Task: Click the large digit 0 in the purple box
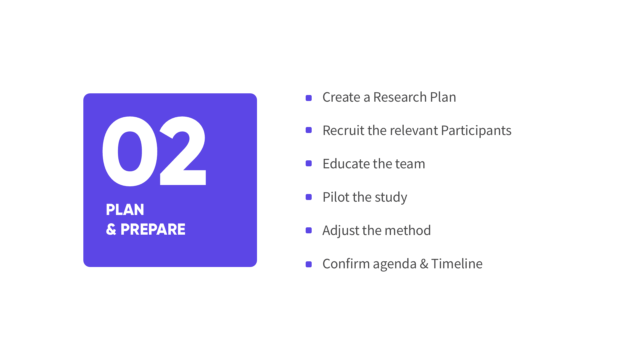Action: click(110, 151)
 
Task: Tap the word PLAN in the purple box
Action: click(125, 210)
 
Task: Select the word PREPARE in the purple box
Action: click(153, 229)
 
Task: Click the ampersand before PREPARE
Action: click(111, 229)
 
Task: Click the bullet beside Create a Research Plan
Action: click(309, 98)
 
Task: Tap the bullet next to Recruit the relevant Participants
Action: click(309, 130)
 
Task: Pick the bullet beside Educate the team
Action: click(309, 163)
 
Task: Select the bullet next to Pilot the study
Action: click(309, 197)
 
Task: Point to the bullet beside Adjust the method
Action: click(309, 230)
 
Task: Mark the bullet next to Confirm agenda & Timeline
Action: click(309, 264)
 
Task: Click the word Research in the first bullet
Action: click(400, 97)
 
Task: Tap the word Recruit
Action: click(343, 130)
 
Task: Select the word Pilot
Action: click(336, 197)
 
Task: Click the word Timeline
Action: click(457, 264)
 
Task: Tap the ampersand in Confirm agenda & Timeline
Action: click(424, 264)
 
